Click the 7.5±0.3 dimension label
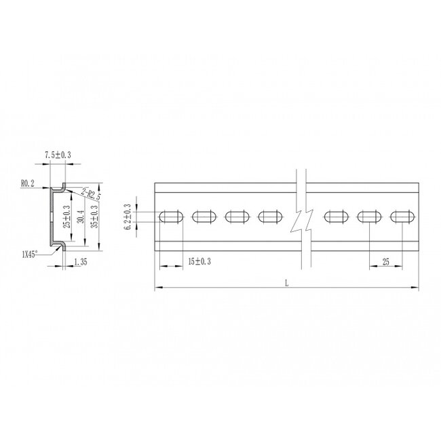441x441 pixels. click(58, 156)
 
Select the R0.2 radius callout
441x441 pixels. click(28, 183)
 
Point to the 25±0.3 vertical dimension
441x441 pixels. click(66, 216)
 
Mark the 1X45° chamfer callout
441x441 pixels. click(29, 254)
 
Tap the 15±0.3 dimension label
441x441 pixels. click(197, 261)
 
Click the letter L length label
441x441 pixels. click(286, 284)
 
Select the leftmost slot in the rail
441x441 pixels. click(170, 217)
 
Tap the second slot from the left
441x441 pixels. click(203, 217)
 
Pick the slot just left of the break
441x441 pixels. click(269, 217)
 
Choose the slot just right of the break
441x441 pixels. click(336, 217)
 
